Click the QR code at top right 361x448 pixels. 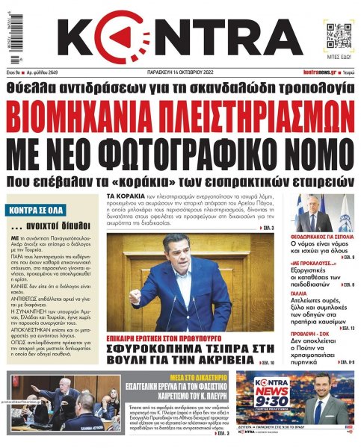(x=333, y=34)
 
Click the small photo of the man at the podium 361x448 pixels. (x=314, y=213)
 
